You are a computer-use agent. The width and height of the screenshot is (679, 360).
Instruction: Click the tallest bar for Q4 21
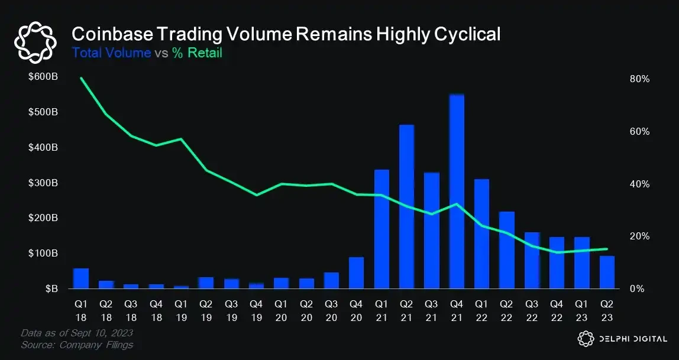coord(457,192)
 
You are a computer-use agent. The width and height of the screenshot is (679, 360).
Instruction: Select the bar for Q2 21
coord(406,207)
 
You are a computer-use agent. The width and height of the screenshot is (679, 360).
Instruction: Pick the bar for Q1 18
coord(80,279)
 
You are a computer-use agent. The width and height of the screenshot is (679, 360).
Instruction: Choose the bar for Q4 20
coord(356,273)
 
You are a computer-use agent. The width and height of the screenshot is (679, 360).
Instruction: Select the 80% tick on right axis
coord(640,79)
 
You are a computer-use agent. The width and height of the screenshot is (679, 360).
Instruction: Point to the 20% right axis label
coord(640,236)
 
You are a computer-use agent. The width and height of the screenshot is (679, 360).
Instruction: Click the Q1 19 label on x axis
coord(181,308)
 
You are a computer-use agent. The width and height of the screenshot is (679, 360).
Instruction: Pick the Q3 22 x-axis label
coord(532,308)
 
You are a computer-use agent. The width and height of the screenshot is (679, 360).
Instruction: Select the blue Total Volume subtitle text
coord(111,53)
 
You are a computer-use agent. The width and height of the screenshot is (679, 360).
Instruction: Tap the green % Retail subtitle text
coord(197,53)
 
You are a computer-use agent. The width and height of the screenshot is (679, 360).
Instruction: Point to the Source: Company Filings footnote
coord(77,345)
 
